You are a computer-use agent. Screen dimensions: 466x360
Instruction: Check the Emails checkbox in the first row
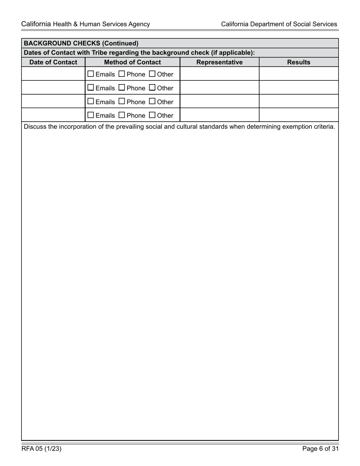91,74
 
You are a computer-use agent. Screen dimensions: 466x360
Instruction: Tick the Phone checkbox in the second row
122,88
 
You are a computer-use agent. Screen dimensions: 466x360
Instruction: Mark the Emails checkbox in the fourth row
91,115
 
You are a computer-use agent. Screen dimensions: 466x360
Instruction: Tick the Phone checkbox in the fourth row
122,115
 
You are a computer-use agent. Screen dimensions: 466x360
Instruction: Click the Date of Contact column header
53,62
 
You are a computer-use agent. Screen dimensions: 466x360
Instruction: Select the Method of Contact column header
132,62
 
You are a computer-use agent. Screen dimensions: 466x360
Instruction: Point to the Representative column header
219,62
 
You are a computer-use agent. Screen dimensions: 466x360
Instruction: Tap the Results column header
299,62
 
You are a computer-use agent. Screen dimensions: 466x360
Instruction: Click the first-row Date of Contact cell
53,74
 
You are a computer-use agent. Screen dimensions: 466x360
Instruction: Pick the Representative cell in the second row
219,88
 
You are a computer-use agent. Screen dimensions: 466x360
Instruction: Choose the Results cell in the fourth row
299,115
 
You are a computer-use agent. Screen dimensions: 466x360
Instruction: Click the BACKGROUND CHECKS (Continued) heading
81,43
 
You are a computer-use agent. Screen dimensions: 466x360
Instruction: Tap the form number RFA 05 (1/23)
42,449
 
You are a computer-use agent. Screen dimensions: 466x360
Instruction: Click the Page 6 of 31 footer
320,449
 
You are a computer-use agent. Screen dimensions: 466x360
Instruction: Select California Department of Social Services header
279,24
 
